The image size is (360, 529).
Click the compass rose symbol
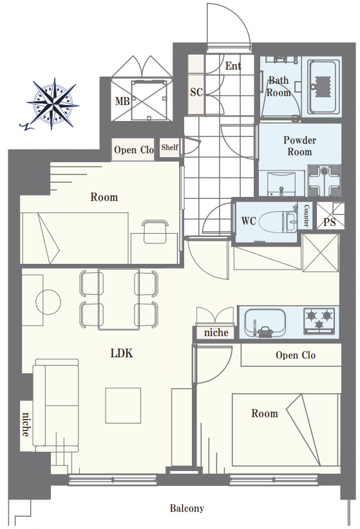coord(52,104)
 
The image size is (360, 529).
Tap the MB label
coord(122,101)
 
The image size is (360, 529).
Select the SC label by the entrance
coord(196,92)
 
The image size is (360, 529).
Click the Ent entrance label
coord(233,66)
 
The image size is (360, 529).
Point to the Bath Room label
coord(278,86)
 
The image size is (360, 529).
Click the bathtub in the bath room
coord(323,87)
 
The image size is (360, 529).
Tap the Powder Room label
coord(299,145)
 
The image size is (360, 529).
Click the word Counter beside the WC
coord(307,216)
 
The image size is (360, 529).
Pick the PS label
coord(329,222)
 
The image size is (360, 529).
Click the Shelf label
coord(169,147)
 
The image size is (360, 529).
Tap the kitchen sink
coord(265,322)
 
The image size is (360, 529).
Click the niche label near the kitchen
coord(216,333)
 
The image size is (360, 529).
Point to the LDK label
coord(122,353)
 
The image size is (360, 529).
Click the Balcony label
coord(187,508)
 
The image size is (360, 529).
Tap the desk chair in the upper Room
coord(155,232)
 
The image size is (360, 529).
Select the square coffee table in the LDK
coord(123,405)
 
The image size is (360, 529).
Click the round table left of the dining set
coord(48,302)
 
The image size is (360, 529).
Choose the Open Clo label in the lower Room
coord(296,355)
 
